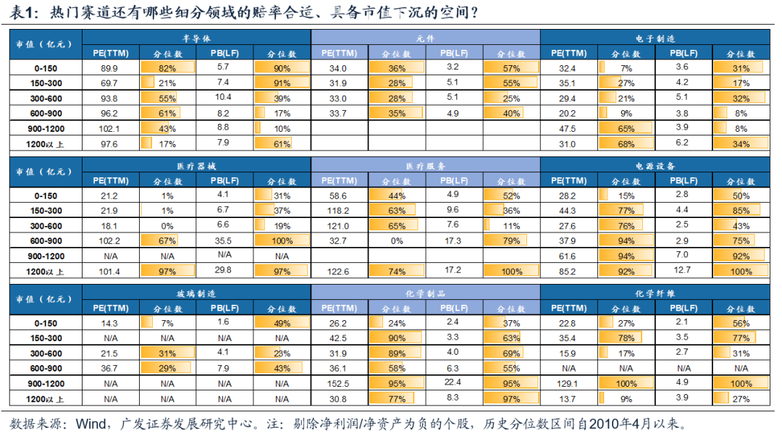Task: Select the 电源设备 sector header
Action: click(655, 166)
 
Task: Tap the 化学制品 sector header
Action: click(426, 293)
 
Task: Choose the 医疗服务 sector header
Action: click(426, 166)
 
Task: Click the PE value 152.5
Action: click(338, 383)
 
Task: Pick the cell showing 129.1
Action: click(568, 383)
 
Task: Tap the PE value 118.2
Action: click(338, 210)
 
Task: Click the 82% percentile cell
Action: click(167, 68)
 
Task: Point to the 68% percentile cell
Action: click(626, 144)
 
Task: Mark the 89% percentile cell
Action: click(396, 353)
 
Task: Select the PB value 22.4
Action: click(453, 382)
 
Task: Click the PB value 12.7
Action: click(683, 271)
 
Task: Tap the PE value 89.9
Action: click(109, 68)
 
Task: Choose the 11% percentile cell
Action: click(511, 225)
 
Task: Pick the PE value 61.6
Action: click(568, 256)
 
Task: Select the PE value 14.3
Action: click(110, 323)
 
